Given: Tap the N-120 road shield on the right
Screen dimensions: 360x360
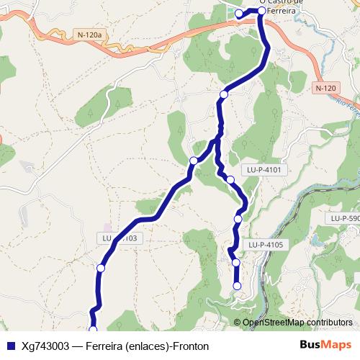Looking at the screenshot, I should tap(325, 88).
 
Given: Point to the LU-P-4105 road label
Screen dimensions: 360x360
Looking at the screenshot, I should tap(266, 245).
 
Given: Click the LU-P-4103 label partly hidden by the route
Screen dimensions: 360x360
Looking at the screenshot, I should tap(120, 238).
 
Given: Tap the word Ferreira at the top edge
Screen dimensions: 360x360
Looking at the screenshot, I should tap(281, 12).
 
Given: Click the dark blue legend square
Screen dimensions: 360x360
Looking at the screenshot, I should tap(10, 346).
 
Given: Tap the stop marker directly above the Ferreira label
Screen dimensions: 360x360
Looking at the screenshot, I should tap(262, 11).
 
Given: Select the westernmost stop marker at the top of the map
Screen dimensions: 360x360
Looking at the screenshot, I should tap(239, 14).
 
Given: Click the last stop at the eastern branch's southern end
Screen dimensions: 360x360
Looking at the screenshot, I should tap(236, 287).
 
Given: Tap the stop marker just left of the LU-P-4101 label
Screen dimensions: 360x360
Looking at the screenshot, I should tap(230, 180).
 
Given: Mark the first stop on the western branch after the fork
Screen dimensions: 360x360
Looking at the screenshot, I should tap(194, 161).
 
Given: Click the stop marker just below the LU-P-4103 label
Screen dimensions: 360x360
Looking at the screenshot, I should tap(101, 268).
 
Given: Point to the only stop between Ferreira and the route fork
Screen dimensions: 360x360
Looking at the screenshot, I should tap(224, 94).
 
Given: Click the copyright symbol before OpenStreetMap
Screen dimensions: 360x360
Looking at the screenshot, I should tap(237, 323).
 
